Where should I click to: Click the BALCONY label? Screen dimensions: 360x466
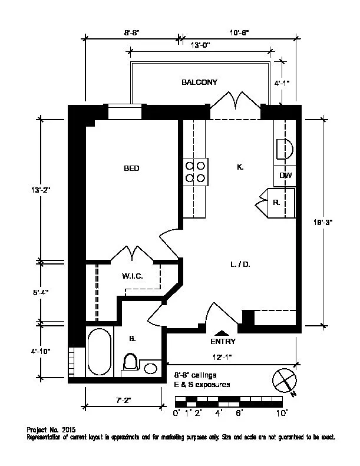[x=199, y=82]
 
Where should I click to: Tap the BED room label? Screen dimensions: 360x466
[x=131, y=168]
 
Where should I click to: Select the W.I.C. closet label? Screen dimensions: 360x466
[x=133, y=276]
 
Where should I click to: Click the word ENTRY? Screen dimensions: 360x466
[x=223, y=342]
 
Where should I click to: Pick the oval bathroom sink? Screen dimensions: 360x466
[x=151, y=368]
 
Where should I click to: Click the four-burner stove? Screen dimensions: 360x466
[x=196, y=171]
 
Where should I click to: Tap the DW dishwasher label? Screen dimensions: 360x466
[x=286, y=176]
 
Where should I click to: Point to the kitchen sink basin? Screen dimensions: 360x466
[x=285, y=147]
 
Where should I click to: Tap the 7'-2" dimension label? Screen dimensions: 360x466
[x=123, y=401]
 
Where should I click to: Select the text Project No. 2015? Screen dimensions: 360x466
[x=51, y=430]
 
